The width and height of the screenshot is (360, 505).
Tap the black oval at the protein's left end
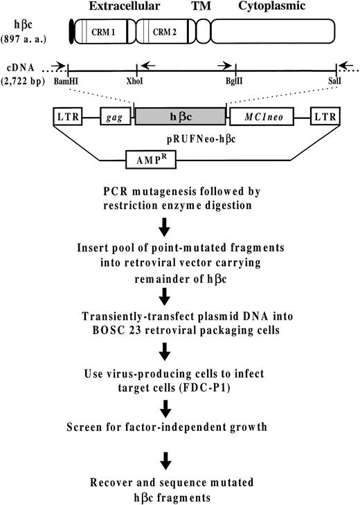coord(71,31)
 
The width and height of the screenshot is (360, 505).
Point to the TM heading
coord(201,6)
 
